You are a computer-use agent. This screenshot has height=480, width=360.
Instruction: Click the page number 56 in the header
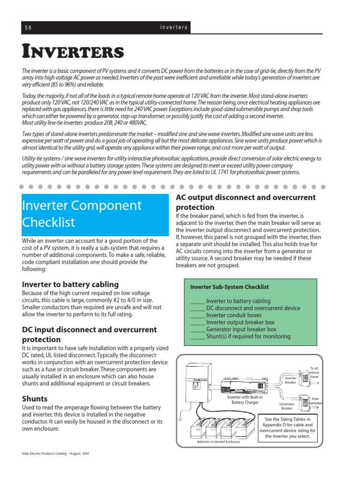(28, 28)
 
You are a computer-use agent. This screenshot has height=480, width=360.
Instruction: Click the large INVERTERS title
(73, 52)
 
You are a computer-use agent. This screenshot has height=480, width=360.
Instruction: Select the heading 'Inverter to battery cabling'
(70, 284)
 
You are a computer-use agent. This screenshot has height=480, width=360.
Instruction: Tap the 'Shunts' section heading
(35, 398)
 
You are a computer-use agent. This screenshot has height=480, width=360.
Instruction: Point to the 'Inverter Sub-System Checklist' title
(229, 287)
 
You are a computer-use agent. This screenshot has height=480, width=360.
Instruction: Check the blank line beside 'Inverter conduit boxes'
(197, 315)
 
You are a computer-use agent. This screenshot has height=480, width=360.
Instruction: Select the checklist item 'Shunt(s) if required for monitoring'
(248, 336)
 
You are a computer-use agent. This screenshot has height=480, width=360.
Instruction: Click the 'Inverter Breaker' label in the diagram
(291, 379)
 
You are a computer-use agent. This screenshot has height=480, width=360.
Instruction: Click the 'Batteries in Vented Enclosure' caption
(218, 442)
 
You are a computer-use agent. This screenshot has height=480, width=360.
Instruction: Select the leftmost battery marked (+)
(198, 429)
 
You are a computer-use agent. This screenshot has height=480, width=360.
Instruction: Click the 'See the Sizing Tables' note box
(288, 427)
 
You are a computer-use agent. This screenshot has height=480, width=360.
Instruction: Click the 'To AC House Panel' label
(314, 372)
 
